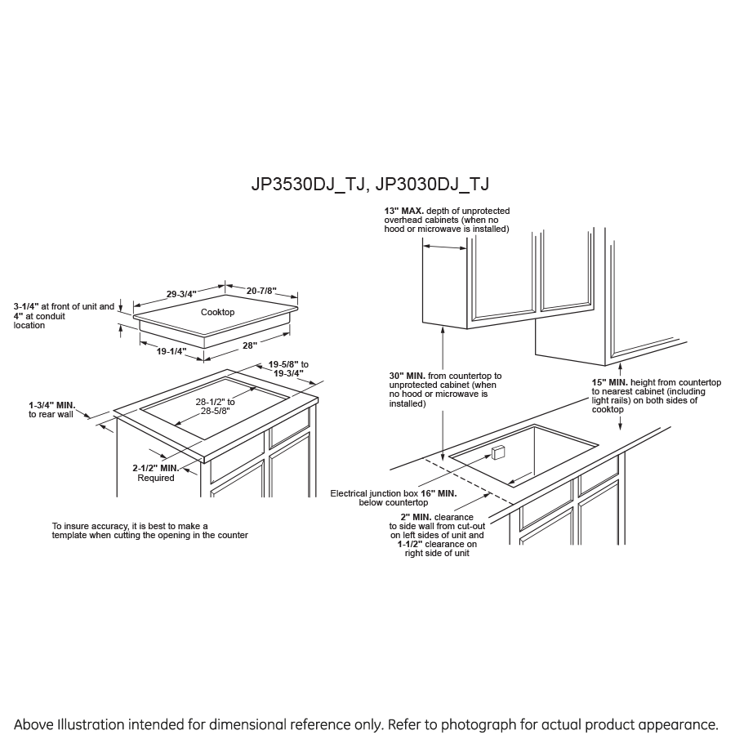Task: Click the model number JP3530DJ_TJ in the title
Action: (306, 185)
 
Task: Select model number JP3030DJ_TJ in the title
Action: (433, 185)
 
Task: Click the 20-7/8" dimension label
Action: (261, 291)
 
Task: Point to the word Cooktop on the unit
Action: (217, 312)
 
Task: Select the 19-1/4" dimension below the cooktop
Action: (171, 351)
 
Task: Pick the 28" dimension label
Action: (249, 345)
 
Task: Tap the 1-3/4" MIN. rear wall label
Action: (51, 404)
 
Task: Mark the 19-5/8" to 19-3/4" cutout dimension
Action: (288, 368)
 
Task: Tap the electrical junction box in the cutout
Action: (500, 452)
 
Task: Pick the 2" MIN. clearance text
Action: (416, 517)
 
